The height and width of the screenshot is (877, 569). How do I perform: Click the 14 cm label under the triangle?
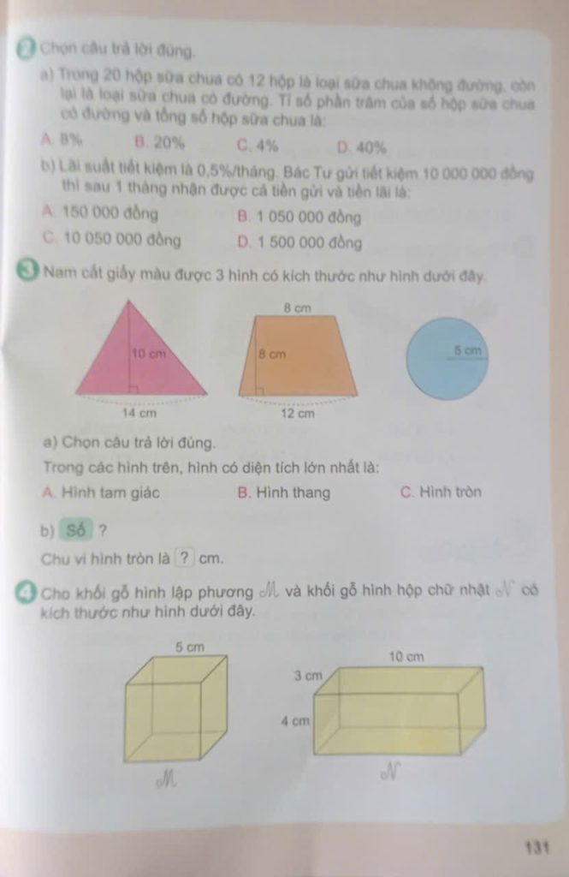(141, 413)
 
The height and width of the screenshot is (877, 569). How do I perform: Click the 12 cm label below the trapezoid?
(299, 413)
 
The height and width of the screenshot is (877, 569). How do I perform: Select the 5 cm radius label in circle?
(469, 350)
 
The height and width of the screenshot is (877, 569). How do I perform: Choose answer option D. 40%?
(362, 146)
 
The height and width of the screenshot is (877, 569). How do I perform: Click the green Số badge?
(76, 530)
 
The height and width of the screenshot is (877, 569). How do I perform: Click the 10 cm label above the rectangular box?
(406, 657)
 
